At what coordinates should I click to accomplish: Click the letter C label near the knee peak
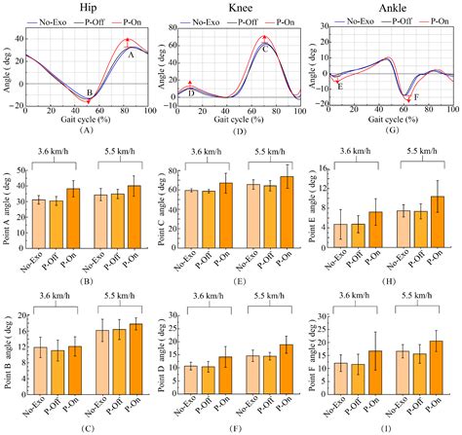pos(264,47)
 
